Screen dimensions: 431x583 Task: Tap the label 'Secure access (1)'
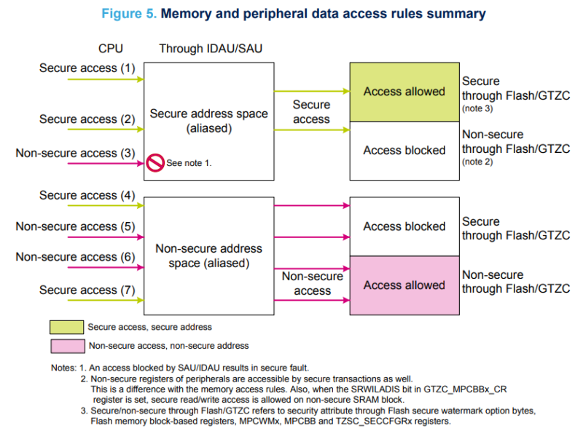[87, 68]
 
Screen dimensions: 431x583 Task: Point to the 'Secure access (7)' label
[87, 290]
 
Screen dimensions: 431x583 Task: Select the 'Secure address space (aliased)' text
[208, 121]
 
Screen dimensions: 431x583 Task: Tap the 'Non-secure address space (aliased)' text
[208, 256]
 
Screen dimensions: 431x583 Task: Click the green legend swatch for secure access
[66, 327]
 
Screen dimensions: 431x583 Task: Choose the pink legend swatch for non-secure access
[66, 345]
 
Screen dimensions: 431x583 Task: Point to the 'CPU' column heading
[111, 49]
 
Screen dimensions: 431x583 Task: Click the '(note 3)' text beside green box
[477, 108]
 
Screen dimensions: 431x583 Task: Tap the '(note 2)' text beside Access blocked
[477, 162]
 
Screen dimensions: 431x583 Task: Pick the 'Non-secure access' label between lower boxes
[312, 283]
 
